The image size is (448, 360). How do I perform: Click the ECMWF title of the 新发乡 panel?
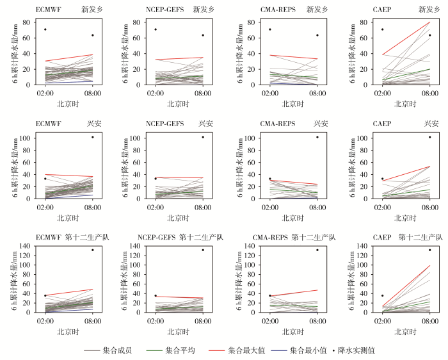(x=47, y=10)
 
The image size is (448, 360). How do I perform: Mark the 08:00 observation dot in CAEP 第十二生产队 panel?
(x=429, y=250)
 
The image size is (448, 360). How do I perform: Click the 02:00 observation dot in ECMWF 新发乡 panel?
(x=45, y=29)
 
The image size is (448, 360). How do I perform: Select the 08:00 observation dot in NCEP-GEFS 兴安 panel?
(x=203, y=137)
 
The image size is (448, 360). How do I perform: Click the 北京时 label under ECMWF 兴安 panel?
(x=69, y=218)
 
